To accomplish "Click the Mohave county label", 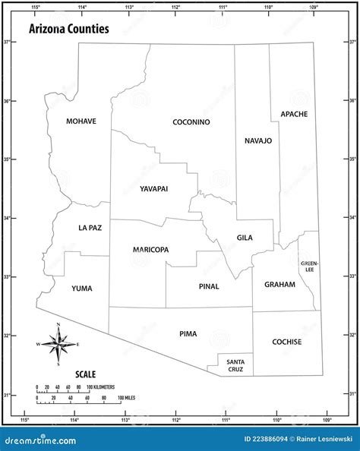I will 81,121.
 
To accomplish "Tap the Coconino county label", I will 191,122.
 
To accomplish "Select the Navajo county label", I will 258,140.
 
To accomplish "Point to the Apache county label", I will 294,114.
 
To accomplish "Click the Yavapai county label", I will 153,188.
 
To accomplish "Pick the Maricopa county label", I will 150,250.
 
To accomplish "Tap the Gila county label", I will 245,238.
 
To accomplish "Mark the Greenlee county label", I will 309,266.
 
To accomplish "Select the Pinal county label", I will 209,286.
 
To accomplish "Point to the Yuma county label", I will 82,289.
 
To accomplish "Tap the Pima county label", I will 188,333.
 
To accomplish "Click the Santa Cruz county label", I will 235,364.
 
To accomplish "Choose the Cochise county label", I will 287,342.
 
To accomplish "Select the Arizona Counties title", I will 68,29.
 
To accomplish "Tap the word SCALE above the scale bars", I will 85,374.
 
